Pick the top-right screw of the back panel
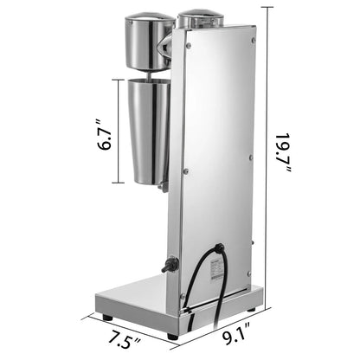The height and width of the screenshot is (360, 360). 253,40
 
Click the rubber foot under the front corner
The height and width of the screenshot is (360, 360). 172,333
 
